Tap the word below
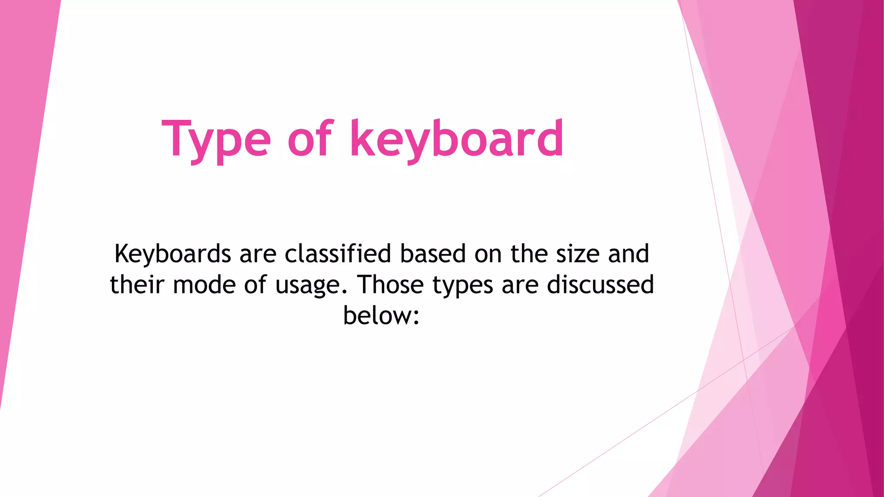377,316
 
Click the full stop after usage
344,292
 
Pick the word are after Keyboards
258,255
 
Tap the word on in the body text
488,255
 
